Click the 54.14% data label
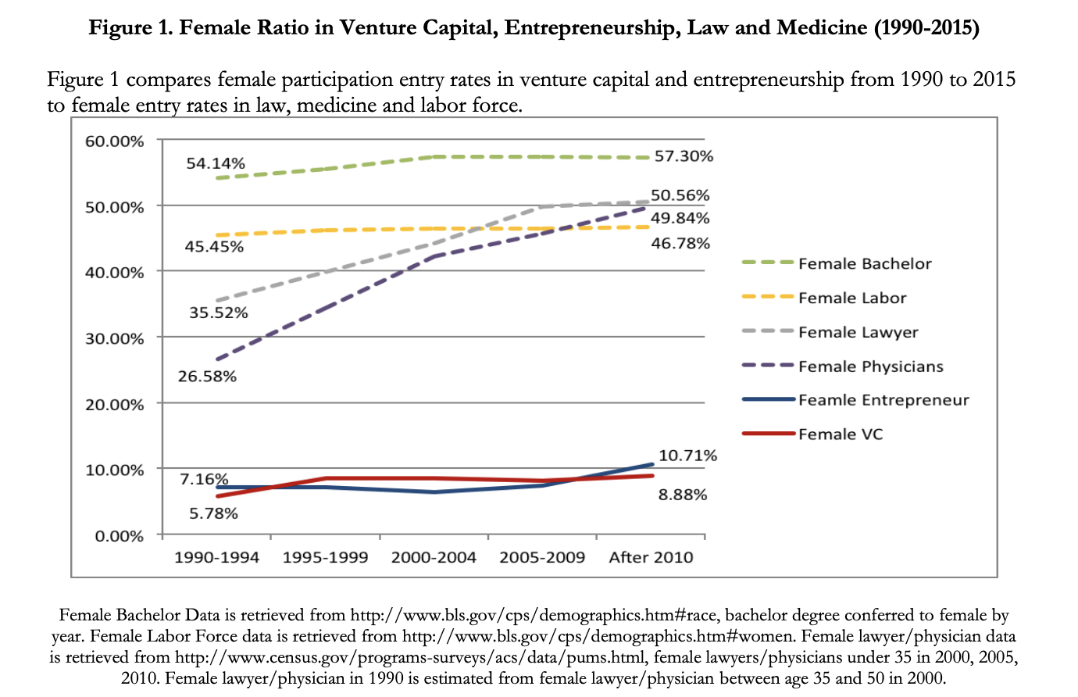pyautogui.click(x=216, y=163)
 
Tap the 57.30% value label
pyautogui.click(x=684, y=156)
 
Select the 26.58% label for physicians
pyautogui.click(x=207, y=377)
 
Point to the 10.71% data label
pyautogui.click(x=687, y=456)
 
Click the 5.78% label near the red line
pyautogui.click(x=213, y=513)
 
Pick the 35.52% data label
pyautogui.click(x=219, y=313)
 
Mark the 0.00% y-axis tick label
pyautogui.click(x=120, y=536)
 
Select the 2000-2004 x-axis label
pyautogui.click(x=434, y=558)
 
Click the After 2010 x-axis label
pyautogui.click(x=651, y=558)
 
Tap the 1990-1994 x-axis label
pyautogui.click(x=216, y=558)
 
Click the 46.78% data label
pyautogui.click(x=680, y=244)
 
